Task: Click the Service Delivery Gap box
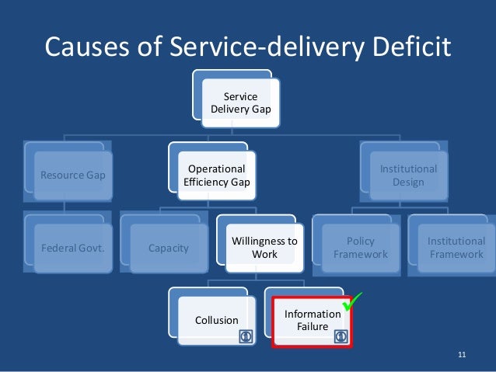click(x=240, y=103)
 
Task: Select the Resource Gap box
click(x=72, y=175)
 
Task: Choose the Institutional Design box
click(x=408, y=175)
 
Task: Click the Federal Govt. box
click(x=72, y=249)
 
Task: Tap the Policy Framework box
click(x=360, y=248)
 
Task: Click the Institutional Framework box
click(x=456, y=248)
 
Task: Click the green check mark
click(x=354, y=301)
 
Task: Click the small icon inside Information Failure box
click(x=340, y=336)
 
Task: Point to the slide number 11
click(x=462, y=356)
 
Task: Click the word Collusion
click(x=217, y=320)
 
